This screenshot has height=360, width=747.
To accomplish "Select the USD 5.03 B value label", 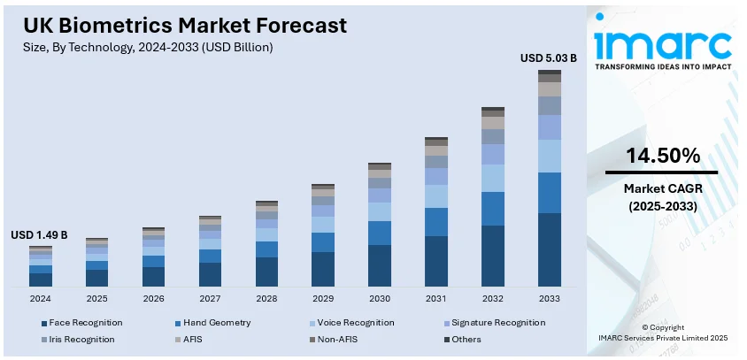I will point(549,58).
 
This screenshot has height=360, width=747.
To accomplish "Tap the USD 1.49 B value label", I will point(39,235).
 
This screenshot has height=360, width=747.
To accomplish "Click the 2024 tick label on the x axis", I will point(40,299).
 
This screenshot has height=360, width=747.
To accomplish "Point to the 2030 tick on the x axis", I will point(380,299).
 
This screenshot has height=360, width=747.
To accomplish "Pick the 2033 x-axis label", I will point(550,299).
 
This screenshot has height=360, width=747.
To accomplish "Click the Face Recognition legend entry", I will point(85,323).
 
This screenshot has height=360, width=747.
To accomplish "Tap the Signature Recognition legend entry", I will point(497,323).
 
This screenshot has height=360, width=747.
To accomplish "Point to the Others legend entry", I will point(466,339).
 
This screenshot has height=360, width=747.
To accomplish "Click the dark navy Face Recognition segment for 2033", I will point(550,249).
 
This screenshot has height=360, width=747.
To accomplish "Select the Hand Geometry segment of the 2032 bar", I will point(493,209).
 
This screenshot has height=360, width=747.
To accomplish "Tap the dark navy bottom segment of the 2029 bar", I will point(323,269).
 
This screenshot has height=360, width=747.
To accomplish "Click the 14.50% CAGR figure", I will point(662,157).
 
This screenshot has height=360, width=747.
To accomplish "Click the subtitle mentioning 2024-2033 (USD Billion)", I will point(148,47).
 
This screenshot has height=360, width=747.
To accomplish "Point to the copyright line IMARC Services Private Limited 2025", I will point(662,338).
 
